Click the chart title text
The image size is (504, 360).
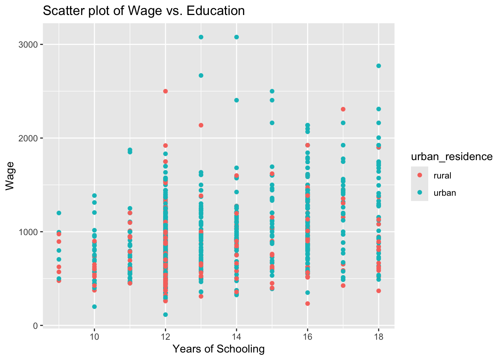tap(144, 11)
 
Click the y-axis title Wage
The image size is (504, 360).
tap(10, 175)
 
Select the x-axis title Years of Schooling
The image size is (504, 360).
tap(219, 349)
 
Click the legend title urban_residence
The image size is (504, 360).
tap(451, 157)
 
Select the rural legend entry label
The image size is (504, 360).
tap(442, 175)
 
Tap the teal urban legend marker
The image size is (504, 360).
tap(420, 192)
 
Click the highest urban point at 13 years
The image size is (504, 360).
tap(201, 37)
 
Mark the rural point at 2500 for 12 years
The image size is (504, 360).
tap(165, 91)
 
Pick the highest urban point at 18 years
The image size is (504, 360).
tap(378, 66)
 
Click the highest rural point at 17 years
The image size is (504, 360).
tap(343, 109)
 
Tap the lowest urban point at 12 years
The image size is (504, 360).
tap(165, 315)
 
